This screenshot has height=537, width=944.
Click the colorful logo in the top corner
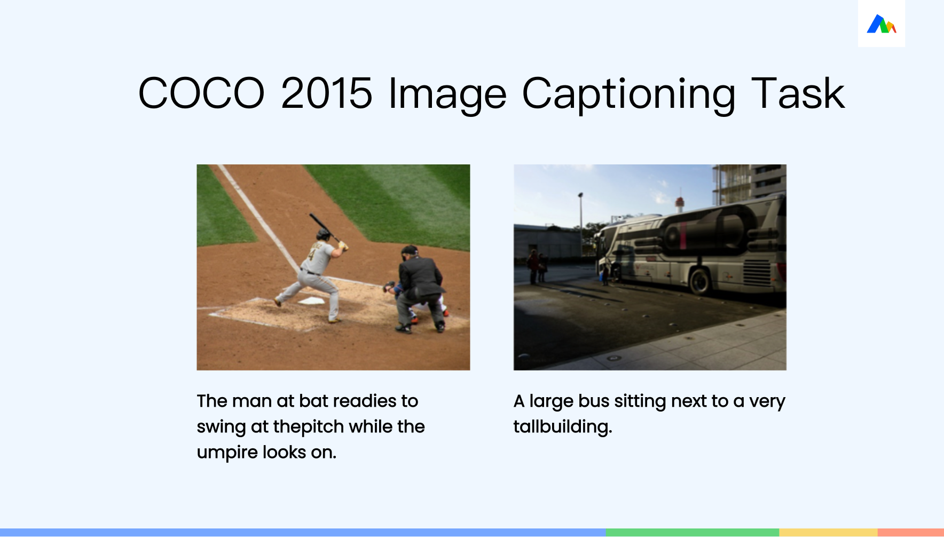(881, 24)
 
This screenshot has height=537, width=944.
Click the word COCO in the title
(201, 93)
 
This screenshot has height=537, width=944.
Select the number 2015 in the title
(327, 93)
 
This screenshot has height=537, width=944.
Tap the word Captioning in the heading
(628, 95)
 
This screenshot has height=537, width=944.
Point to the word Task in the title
(798, 93)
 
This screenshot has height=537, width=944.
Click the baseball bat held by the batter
(325, 227)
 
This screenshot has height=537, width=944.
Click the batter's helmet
(323, 234)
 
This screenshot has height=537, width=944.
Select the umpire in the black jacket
(421, 289)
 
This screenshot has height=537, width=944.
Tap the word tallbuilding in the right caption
(563, 427)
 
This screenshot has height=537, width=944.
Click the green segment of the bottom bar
(693, 533)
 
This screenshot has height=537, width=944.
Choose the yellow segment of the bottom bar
(829, 533)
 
